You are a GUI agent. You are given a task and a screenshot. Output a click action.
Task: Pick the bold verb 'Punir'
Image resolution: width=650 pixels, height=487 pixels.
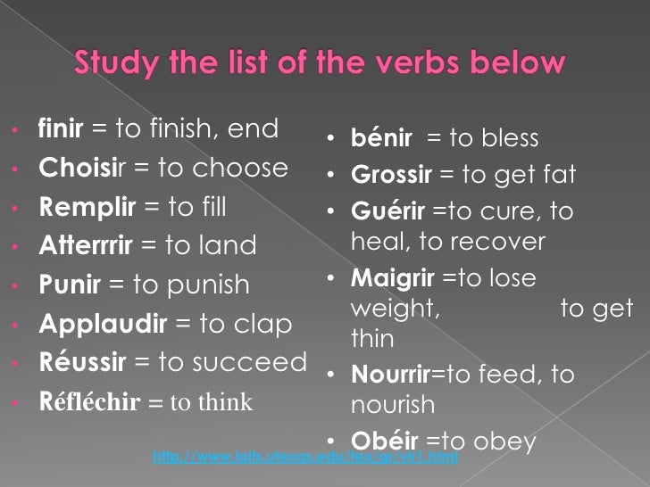coord(70,285)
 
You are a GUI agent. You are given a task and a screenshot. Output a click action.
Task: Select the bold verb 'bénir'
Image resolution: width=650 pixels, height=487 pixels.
coord(382,139)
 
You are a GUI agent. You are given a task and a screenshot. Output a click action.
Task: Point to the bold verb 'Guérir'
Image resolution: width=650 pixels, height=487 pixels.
coord(388,213)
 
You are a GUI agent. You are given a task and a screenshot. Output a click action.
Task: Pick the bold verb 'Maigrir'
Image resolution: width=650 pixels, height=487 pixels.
coord(392,278)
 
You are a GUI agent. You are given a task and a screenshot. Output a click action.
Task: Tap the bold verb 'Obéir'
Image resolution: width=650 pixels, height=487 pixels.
coord(385,441)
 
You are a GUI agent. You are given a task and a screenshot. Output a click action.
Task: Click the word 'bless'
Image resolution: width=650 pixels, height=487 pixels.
coord(510,139)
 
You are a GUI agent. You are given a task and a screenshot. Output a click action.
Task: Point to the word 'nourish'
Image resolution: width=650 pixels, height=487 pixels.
coord(393,406)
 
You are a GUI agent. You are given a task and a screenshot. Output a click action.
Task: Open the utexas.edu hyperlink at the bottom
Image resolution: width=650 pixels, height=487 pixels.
coord(305,457)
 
